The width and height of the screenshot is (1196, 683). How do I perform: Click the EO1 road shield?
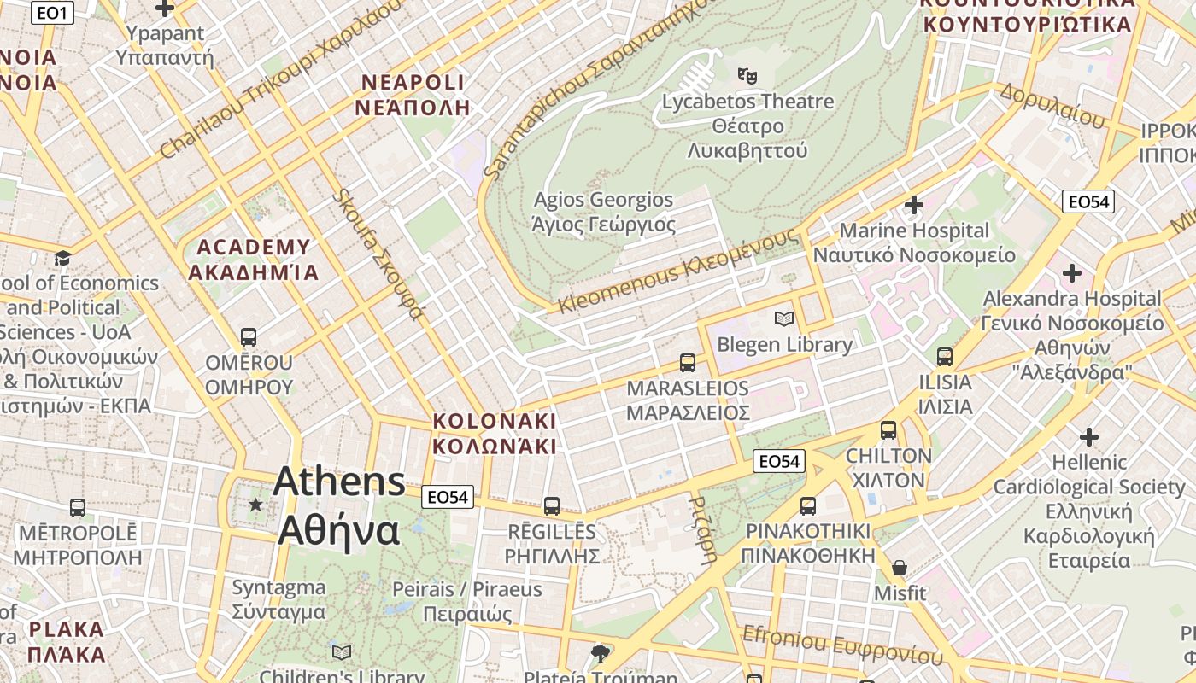(52, 13)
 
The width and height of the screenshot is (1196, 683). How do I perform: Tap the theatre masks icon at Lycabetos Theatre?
(748, 75)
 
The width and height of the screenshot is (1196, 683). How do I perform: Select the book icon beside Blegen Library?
(783, 319)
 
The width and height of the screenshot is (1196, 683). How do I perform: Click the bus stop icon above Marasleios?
(688, 363)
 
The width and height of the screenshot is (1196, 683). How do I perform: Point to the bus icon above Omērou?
(249, 337)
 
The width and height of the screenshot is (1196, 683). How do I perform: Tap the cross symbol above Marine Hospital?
(914, 205)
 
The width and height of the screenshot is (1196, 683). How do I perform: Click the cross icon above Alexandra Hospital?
(1071, 273)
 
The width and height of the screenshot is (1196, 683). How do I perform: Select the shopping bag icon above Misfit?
(900, 568)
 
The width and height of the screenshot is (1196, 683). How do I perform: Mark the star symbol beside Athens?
(255, 505)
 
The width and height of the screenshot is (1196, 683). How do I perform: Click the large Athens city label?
(339, 505)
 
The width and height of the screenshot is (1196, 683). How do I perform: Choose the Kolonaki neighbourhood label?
(494, 434)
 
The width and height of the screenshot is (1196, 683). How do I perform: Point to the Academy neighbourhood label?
(254, 260)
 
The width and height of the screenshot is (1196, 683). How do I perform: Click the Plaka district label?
(66, 642)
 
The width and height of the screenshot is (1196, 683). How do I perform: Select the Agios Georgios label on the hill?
(603, 212)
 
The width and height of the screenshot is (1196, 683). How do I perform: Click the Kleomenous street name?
(678, 271)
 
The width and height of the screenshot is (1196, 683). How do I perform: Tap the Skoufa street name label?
(378, 254)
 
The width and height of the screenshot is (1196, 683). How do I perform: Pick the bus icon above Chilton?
(888, 430)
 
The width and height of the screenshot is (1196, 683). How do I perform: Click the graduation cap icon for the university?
(62, 258)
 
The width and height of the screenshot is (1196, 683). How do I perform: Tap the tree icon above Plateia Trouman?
(601, 654)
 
